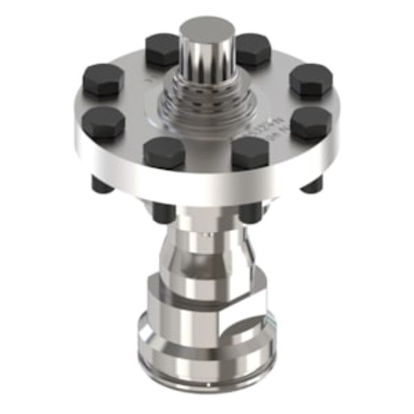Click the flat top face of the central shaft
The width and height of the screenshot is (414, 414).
pos(206,31)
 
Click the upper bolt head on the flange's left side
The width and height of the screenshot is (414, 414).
pos(103,79)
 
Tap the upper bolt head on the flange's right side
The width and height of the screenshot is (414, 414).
pos(310,79)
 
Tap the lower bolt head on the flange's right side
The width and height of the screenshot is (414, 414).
pos(310,122)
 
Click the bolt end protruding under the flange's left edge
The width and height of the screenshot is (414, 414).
pos(101,184)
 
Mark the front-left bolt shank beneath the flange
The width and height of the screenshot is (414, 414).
pos(164,211)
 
